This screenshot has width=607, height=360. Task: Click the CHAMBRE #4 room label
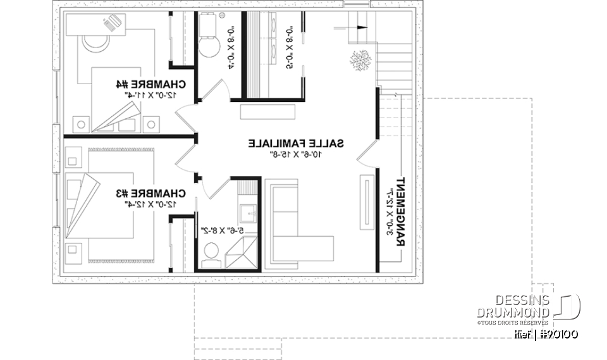click(x=151, y=83)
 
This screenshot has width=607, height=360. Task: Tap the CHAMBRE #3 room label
click(x=151, y=192)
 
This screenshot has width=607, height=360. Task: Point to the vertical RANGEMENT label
click(x=400, y=213)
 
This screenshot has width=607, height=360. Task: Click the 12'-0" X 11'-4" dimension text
click(x=151, y=94)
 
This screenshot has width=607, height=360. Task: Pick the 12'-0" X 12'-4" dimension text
click(x=151, y=204)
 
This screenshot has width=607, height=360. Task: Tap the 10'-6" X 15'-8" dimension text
click(x=296, y=154)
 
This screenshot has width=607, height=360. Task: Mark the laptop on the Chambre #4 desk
click(x=113, y=24)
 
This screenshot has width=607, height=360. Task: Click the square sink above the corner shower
click(x=249, y=213)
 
